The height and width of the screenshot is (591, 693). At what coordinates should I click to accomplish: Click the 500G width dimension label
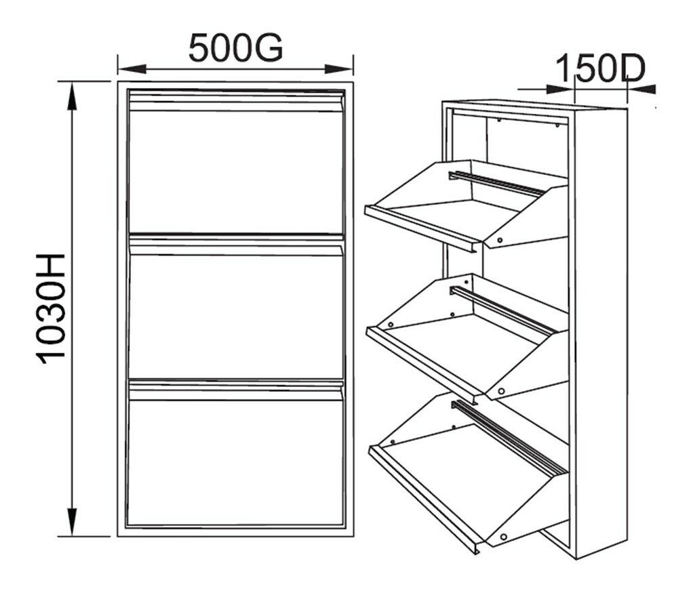pyautogui.click(x=235, y=47)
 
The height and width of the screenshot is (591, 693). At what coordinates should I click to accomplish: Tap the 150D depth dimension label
pyautogui.click(x=599, y=68)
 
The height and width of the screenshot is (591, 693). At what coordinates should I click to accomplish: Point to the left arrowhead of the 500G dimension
pyautogui.click(x=132, y=69)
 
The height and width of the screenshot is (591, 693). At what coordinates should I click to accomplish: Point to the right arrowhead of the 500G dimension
pyautogui.click(x=338, y=69)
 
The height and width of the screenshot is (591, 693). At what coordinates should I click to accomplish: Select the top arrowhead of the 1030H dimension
pyautogui.click(x=71, y=96)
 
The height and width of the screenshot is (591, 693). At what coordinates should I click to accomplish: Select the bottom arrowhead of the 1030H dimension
pyautogui.click(x=71, y=522)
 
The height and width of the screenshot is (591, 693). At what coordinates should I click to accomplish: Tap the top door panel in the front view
pyautogui.click(x=235, y=172)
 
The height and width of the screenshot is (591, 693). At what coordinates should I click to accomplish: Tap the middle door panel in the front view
pyautogui.click(x=235, y=317)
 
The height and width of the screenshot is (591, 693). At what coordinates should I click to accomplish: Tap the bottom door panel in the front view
pyautogui.click(x=235, y=462)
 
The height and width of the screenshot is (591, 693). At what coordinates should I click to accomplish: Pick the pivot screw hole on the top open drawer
pyautogui.click(x=500, y=240)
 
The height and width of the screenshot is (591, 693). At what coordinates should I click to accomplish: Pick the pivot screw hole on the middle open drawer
pyautogui.click(x=501, y=391)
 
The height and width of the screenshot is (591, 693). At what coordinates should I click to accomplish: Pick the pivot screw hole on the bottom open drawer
pyautogui.click(x=503, y=537)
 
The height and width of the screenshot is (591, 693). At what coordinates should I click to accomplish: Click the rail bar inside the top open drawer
pyautogui.click(x=497, y=183)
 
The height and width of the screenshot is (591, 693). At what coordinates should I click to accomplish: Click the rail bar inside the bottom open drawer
pyautogui.click(x=509, y=437)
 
